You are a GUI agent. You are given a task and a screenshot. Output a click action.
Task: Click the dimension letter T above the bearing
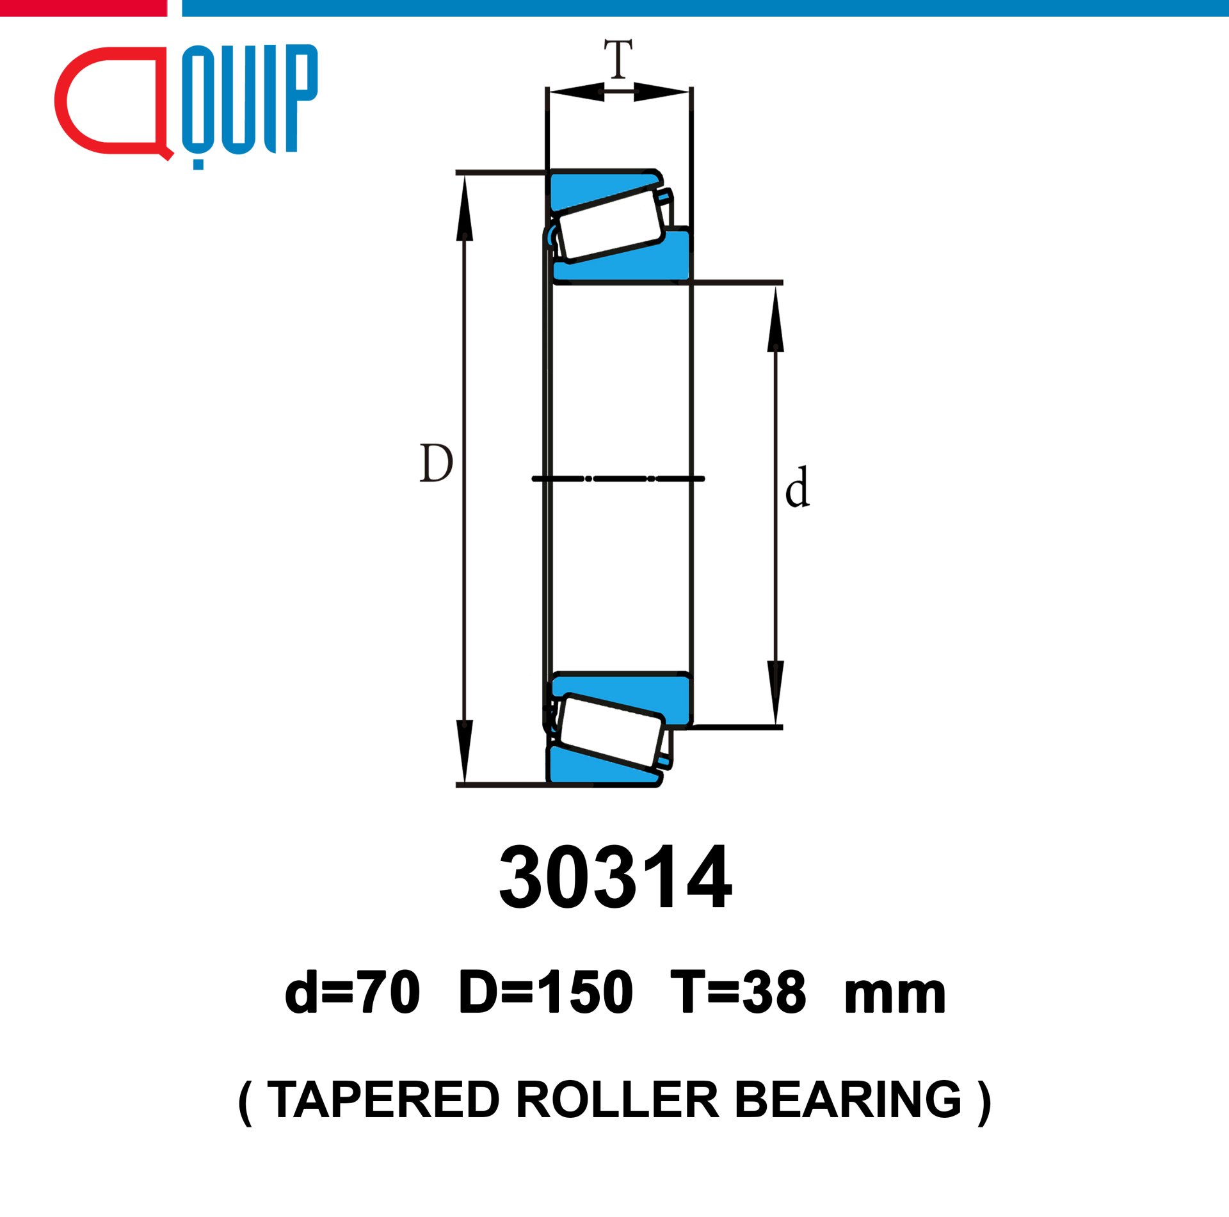click(x=618, y=58)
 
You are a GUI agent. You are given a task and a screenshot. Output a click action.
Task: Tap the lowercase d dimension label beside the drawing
click(x=798, y=487)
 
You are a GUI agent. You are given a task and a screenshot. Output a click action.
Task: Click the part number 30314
click(x=615, y=878)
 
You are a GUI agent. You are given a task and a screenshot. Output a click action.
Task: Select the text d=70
click(x=352, y=992)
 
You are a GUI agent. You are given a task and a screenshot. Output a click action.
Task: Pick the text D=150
click(x=546, y=992)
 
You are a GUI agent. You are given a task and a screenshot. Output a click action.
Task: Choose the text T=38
click(x=738, y=992)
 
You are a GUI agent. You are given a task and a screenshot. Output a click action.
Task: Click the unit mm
click(x=895, y=998)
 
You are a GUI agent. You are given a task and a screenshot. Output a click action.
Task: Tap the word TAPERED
click(x=383, y=1100)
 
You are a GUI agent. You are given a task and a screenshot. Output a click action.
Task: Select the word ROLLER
click(x=617, y=1100)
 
